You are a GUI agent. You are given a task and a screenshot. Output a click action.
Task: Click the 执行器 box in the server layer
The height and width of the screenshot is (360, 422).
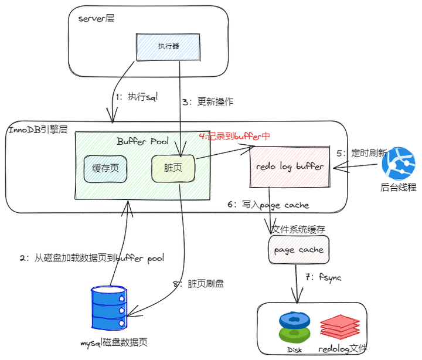tap(169, 46)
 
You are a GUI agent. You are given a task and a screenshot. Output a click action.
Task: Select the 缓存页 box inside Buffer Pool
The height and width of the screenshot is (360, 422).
tap(105, 168)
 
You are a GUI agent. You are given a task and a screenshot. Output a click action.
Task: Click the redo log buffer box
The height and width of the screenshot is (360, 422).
tap(290, 167)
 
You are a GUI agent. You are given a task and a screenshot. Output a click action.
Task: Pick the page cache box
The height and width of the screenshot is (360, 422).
tap(299, 250)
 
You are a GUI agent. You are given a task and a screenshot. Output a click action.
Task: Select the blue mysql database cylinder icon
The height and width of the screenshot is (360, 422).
tap(110, 308)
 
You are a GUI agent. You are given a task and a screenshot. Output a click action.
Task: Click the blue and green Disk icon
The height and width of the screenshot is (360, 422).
tap(294, 327)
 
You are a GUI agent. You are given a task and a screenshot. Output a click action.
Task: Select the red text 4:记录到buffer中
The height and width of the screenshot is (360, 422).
tap(234, 136)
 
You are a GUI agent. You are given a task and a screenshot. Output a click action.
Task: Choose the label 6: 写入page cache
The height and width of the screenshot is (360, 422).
tap(268, 205)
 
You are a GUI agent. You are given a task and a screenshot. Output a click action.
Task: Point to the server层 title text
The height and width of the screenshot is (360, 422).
tap(96, 18)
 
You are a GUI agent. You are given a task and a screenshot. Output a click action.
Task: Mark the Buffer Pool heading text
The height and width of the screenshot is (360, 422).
tap(142, 141)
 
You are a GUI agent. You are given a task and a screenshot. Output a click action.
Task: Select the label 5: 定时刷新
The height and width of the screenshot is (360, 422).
tap(362, 152)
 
